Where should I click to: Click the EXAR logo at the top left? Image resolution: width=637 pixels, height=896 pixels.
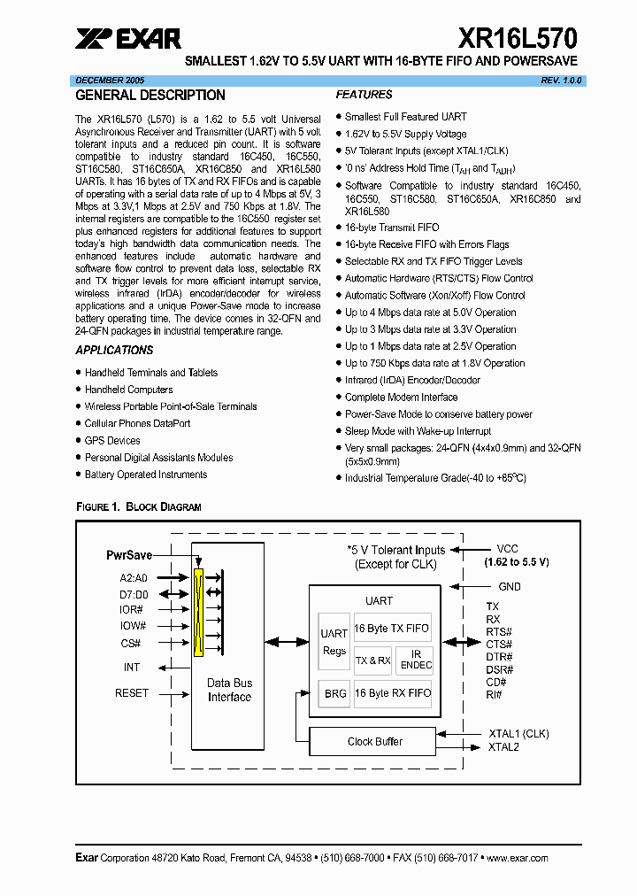tap(128, 39)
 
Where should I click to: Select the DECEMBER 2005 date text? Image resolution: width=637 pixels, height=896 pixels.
tap(110, 80)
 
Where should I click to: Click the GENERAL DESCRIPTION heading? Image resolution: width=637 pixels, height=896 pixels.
tap(150, 96)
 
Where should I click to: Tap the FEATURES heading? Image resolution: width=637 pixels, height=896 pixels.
tap(364, 95)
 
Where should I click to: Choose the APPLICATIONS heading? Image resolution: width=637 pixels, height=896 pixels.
tap(114, 351)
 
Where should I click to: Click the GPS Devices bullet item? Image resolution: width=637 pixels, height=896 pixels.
tap(112, 441)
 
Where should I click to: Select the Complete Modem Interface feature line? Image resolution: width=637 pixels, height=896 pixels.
tap(401, 398)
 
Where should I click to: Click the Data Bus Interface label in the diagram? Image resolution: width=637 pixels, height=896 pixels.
tap(229, 690)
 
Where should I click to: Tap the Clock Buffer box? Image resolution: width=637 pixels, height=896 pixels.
tap(374, 741)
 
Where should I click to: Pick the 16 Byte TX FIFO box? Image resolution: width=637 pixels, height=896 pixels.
tap(392, 629)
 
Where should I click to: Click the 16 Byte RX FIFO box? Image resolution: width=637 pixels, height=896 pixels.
tap(392, 693)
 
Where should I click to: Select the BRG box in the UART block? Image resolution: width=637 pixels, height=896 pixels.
tap(335, 694)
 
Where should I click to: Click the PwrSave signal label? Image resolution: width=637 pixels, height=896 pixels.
tap(128, 555)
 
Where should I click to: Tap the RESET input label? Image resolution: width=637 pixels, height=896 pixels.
tap(132, 693)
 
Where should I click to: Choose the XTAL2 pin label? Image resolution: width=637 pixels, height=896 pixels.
tap(503, 747)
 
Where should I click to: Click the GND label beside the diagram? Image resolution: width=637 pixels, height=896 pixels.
tap(510, 586)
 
